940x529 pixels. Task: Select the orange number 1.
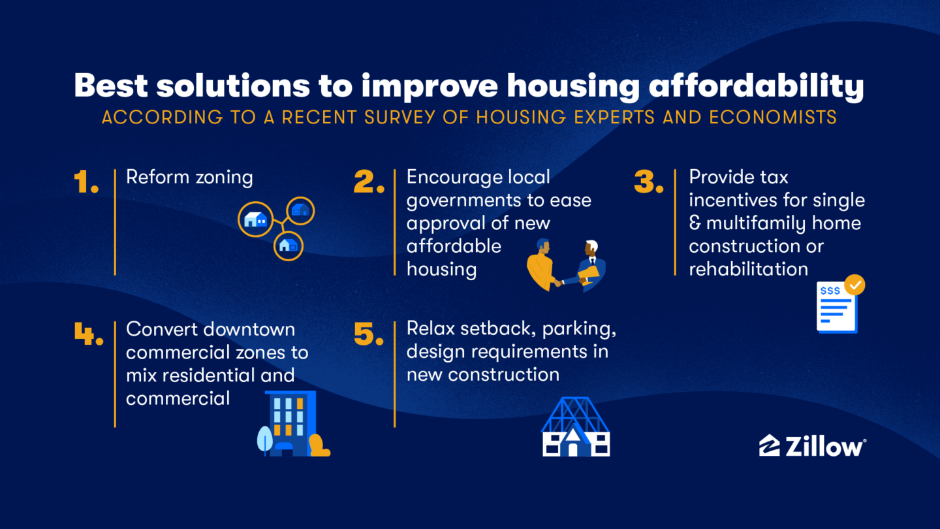tap(86, 182)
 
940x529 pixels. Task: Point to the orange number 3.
tap(649, 182)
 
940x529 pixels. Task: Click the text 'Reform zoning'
tap(189, 177)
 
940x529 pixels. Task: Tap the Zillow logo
tap(813, 446)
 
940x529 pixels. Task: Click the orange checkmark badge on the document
tap(854, 285)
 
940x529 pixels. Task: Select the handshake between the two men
tap(559, 283)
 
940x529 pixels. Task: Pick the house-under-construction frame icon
tap(575, 427)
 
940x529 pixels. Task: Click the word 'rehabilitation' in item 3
tap(748, 268)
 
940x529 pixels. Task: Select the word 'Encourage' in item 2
tap(454, 177)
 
